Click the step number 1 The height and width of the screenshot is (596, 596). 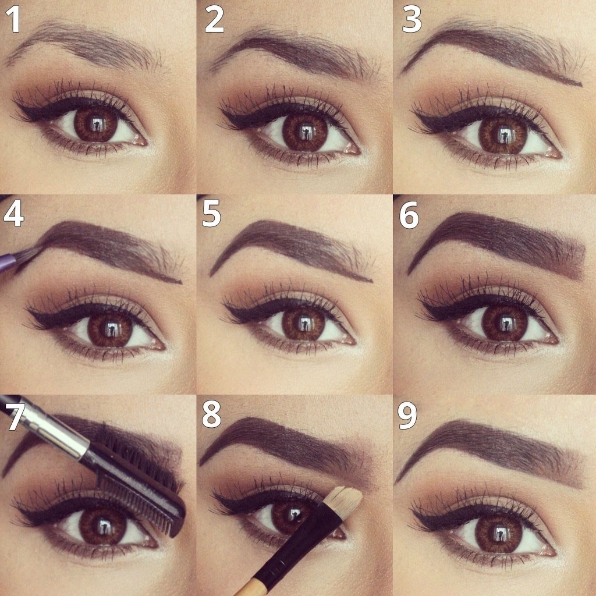coord(13,19)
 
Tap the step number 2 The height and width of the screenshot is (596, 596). coord(214,19)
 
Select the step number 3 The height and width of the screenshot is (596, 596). coord(411,19)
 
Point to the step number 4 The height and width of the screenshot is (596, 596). coord(14,214)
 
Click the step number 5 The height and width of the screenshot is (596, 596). coord(212,214)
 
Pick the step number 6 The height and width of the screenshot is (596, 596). coord(409,215)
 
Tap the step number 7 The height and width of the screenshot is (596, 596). coord(16,417)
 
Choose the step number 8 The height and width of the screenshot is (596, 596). coord(211,415)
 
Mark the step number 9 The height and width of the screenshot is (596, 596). coord(407,416)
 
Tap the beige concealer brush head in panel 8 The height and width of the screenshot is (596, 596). coord(344,498)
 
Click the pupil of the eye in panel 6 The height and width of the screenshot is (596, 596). coord(503,323)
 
